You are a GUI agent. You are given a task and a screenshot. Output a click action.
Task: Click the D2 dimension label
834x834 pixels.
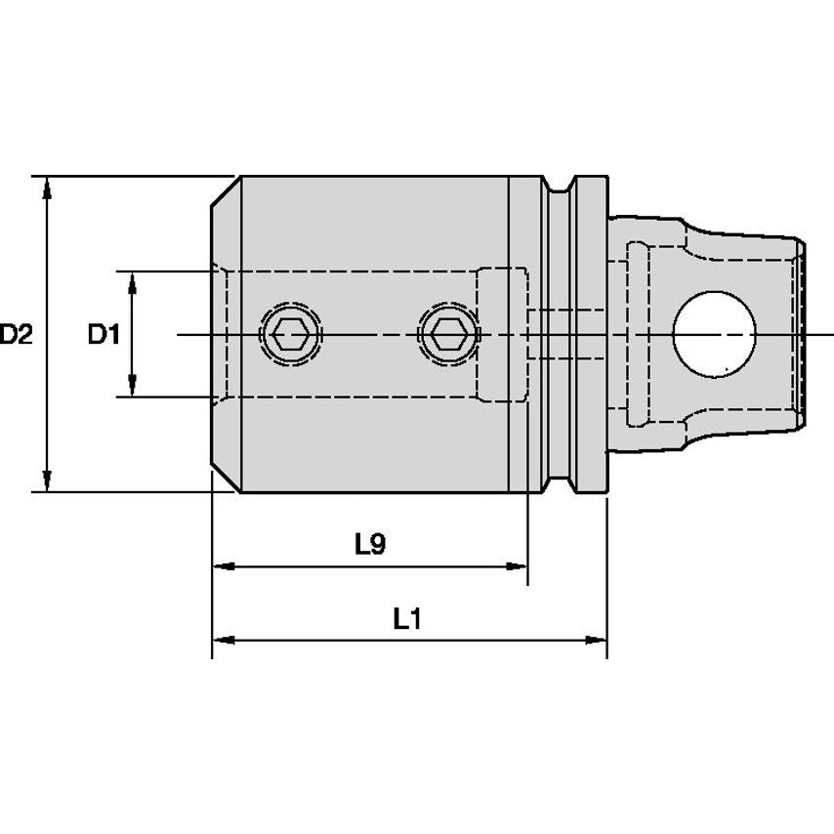click(17, 335)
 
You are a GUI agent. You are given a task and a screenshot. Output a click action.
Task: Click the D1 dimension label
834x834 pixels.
click(103, 335)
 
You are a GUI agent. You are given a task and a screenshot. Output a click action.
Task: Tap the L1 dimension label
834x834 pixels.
click(406, 618)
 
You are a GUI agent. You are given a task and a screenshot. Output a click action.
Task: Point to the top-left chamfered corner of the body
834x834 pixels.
click(226, 191)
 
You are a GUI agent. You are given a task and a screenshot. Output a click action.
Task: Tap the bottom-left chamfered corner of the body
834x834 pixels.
click(226, 479)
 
